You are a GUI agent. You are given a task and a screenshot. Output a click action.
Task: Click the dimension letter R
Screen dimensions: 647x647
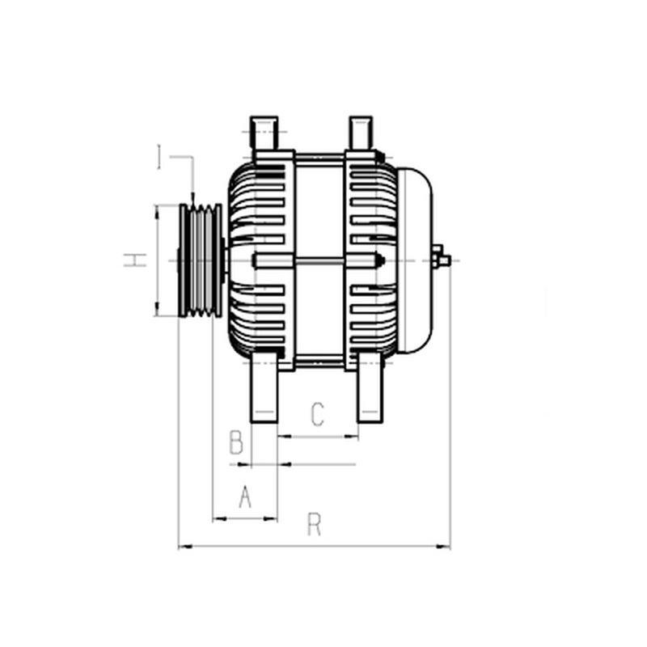pos(314,524)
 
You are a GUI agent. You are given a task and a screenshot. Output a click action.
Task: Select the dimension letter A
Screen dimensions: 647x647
pos(245,497)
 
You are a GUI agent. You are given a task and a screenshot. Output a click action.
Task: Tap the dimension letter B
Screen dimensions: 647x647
pos(236,442)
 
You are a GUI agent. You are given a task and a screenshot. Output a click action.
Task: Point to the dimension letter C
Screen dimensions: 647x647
pos(317,414)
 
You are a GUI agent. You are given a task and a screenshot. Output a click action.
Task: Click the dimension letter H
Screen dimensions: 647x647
pos(135,260)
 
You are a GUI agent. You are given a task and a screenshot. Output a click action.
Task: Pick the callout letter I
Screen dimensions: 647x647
pos(159,156)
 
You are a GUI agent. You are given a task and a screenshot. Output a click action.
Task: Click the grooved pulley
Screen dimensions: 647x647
pos(201,260)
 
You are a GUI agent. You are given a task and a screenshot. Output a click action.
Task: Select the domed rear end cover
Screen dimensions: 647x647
pos(414,260)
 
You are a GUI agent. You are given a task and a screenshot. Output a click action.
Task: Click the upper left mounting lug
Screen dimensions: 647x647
pos(264,133)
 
